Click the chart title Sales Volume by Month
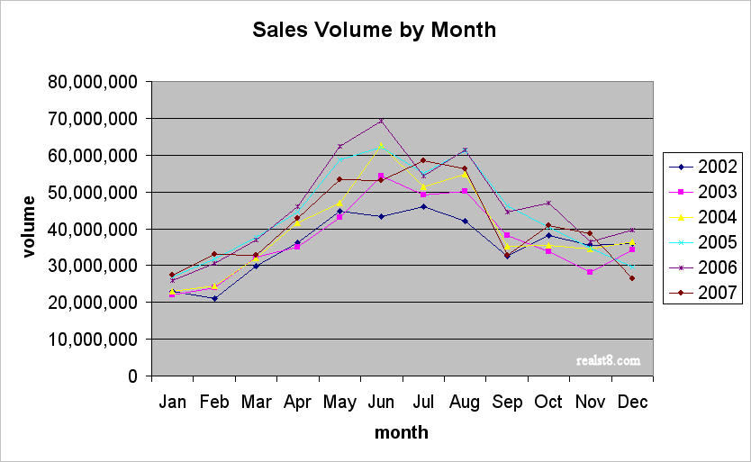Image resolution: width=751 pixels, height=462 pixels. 374,30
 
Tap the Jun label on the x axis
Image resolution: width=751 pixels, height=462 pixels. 381,402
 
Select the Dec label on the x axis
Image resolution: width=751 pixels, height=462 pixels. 632,402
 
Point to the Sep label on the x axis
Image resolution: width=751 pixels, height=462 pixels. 507,402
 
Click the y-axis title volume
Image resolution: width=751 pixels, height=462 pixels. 30,227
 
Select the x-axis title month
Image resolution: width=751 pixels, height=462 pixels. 402,432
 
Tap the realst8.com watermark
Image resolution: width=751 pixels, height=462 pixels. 608,360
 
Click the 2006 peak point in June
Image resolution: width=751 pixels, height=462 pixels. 381,121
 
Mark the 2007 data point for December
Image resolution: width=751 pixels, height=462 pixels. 632,278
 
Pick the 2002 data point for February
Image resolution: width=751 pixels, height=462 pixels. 213,298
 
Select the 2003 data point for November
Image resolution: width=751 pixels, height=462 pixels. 590,272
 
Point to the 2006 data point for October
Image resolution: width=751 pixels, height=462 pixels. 548,203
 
